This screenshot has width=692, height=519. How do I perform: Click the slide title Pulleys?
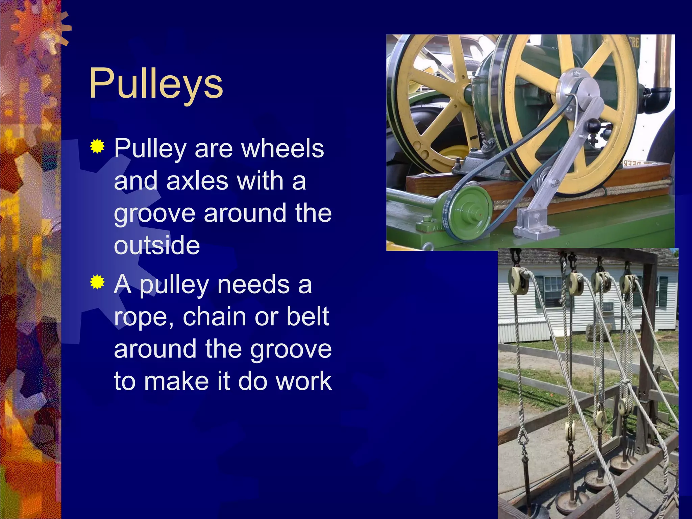tap(156, 83)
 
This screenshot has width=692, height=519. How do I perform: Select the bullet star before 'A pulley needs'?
tap(97, 282)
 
